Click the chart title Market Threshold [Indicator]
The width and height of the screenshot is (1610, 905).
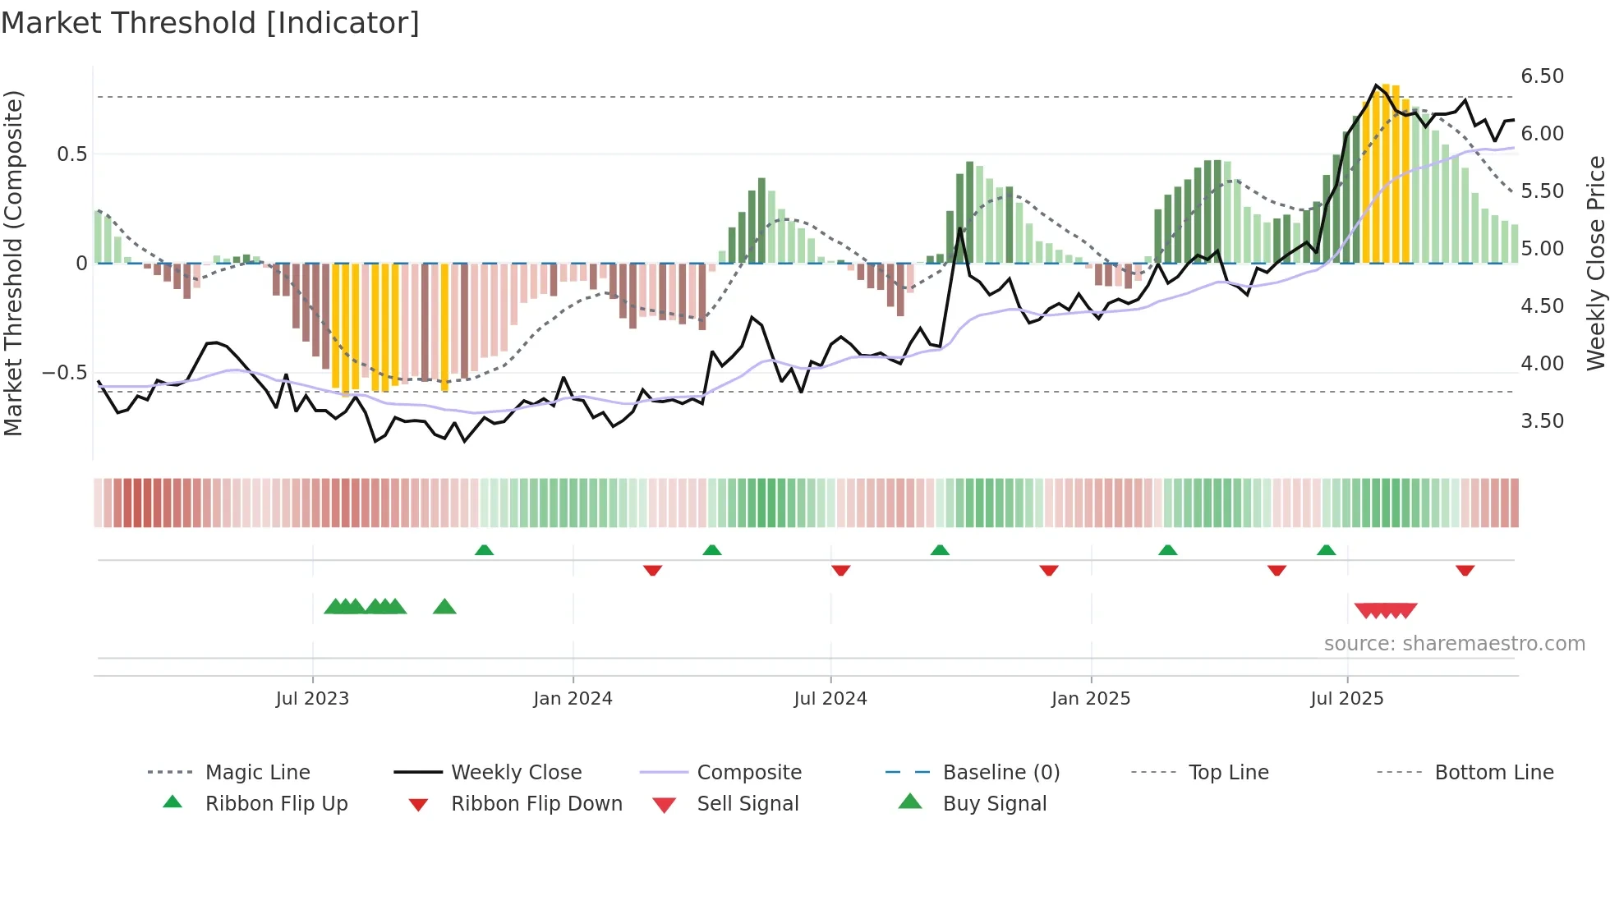(210, 23)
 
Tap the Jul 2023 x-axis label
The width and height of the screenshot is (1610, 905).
(312, 699)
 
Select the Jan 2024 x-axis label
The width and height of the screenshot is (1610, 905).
(573, 699)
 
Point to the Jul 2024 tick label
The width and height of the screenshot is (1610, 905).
(830, 699)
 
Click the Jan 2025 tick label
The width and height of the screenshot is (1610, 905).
(1091, 699)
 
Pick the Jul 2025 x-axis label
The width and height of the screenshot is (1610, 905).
(1347, 699)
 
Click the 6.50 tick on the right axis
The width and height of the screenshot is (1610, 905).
(1542, 76)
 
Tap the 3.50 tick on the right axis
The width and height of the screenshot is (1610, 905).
(1542, 421)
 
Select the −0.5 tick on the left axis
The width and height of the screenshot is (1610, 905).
(64, 373)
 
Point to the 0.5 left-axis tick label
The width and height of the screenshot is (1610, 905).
(71, 154)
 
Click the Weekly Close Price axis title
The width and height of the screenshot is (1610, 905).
(1595, 263)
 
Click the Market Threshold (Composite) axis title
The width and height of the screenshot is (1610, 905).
(13, 263)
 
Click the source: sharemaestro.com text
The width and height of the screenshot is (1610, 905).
(1454, 644)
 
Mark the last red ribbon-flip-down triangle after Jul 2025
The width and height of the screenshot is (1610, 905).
(1465, 570)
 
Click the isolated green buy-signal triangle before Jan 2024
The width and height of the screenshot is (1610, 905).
(444, 607)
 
